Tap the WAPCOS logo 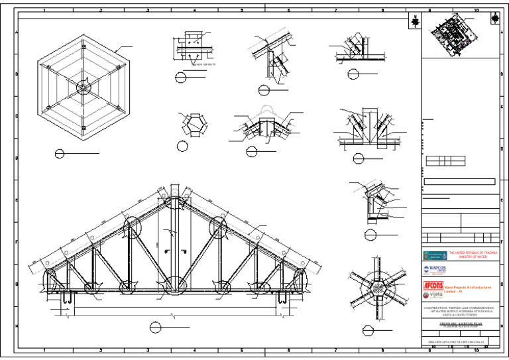pos(435,269)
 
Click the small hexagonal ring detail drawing pos(194,125)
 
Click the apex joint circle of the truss pos(174,200)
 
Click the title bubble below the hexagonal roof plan pos(60,154)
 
